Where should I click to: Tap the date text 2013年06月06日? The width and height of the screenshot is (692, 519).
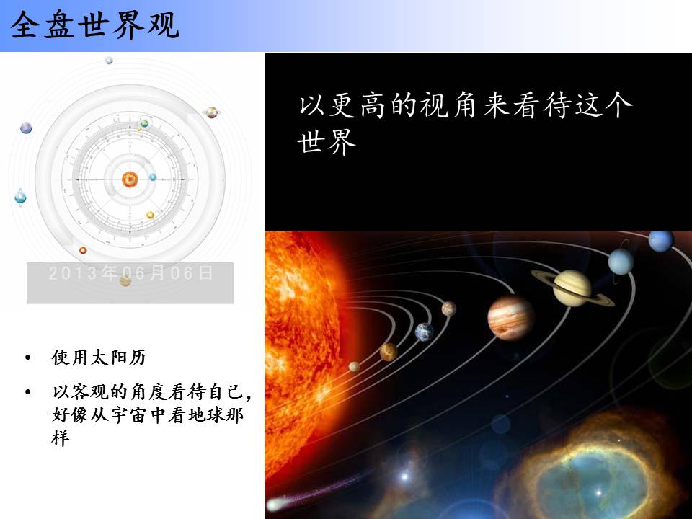[131, 273]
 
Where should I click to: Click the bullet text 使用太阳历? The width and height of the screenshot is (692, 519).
[99, 357]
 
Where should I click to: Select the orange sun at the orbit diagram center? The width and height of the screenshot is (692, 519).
[130, 179]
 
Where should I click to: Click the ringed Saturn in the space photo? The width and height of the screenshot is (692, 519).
[572, 288]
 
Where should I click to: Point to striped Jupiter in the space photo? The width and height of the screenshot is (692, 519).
[510, 318]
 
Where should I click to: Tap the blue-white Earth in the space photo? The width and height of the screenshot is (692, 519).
[424, 332]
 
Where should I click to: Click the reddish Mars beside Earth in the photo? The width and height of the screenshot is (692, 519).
[449, 309]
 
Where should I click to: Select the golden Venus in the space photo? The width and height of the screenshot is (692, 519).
[389, 352]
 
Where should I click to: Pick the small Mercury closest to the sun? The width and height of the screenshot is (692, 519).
[354, 366]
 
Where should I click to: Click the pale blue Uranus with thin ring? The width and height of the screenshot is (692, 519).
[621, 261]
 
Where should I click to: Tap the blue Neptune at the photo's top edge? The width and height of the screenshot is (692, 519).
[661, 241]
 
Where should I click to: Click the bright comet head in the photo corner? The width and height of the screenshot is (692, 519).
[276, 504]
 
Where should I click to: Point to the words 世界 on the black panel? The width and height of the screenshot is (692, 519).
[327, 142]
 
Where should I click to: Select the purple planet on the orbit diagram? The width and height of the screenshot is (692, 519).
[26, 128]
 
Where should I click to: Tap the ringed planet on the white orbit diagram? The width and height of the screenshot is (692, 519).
[212, 112]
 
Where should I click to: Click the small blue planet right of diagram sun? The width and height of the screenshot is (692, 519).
[153, 177]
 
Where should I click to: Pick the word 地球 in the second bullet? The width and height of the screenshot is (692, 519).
[205, 415]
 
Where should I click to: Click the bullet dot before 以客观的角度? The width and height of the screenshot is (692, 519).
[28, 392]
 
